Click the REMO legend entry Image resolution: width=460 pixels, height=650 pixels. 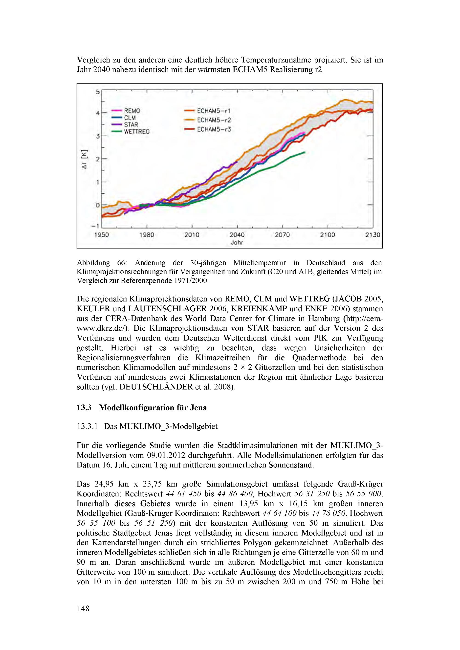pos(132,111)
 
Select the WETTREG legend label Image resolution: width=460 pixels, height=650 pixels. pos(137,132)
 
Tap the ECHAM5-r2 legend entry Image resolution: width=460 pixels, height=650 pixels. pos(214,120)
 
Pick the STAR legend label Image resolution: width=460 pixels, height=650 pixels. pos(131,125)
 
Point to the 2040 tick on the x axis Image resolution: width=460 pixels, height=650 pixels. pos(237,235)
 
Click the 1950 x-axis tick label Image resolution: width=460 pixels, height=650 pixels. pos(101,235)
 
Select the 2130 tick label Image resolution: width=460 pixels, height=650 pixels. pos(373,235)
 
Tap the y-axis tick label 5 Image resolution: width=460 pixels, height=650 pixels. pos(98,92)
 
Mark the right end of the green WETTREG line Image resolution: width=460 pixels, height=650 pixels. pos(305,152)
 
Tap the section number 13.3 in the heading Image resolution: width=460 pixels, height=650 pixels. pos(84,408)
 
